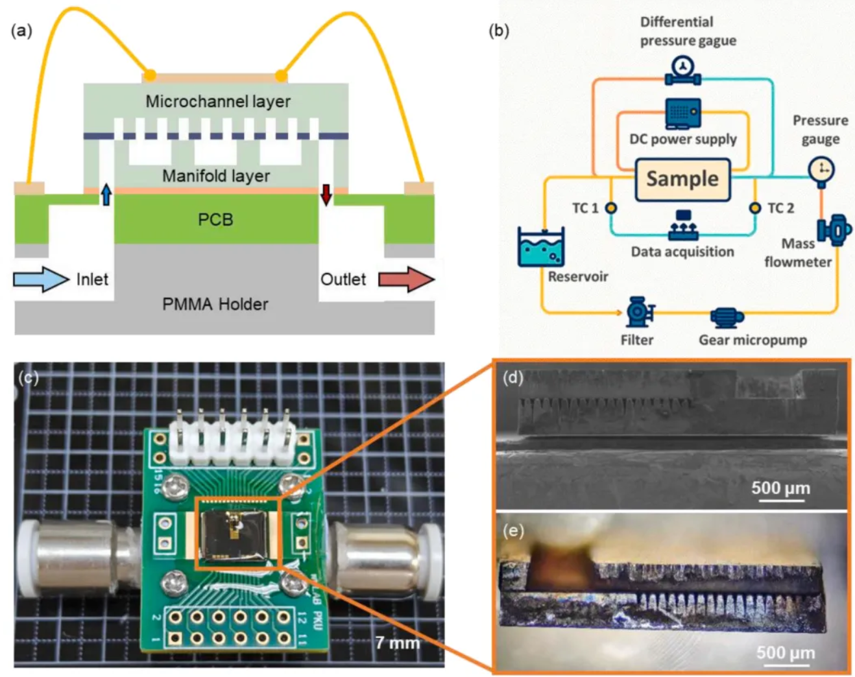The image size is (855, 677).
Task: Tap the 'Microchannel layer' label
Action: (217, 102)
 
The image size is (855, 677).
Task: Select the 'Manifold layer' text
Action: (216, 176)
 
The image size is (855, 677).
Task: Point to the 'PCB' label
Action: (215, 220)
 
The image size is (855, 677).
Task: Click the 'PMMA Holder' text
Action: (215, 304)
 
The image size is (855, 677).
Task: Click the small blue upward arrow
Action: (106, 194)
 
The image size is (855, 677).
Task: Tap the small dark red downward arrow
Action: (326, 194)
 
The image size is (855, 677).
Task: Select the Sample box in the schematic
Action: (682, 179)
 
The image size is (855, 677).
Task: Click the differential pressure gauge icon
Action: (682, 70)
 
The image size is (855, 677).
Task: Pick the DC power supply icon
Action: (682, 113)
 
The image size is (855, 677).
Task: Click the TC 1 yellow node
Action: (610, 208)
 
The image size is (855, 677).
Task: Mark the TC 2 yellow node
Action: (754, 208)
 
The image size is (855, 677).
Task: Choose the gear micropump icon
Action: (727, 316)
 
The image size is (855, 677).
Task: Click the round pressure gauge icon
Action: (821, 171)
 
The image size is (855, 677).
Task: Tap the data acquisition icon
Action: (682, 225)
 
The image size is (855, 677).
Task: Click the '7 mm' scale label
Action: (398, 643)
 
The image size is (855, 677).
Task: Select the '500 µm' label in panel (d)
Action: (780, 488)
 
